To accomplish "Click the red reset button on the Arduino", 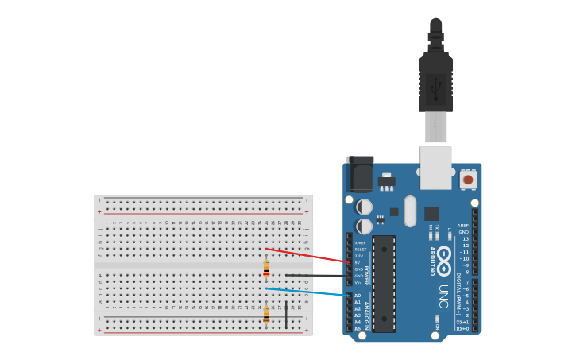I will pos(468,180).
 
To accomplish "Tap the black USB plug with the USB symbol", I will pos(435,83).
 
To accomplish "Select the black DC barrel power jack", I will pos(360,174).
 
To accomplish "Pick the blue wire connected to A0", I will pos(310,292).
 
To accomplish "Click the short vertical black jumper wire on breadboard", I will pos(286,314).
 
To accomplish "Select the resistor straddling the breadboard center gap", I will pos(266,268).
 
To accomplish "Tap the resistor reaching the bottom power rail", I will pos(266,315).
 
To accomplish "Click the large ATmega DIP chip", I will pos(384,283).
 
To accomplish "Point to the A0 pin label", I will pos(358,296).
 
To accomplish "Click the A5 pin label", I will pos(358,328).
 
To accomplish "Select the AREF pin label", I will pos(463,226).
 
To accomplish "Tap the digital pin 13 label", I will pos(465,238).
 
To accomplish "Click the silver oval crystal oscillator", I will pos(410,211).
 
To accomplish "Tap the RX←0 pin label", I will pos(463,328).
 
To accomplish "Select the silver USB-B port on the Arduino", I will pos(436,168).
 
